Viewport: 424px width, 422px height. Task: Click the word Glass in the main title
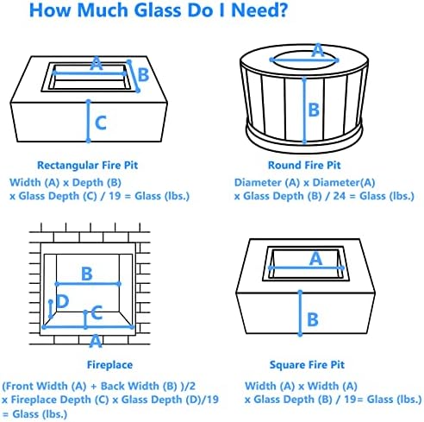click(x=159, y=10)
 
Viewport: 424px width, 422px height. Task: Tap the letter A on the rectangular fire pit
click(x=97, y=63)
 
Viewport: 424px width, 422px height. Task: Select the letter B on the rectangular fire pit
click(x=143, y=75)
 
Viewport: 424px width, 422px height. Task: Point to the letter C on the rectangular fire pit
click(x=101, y=123)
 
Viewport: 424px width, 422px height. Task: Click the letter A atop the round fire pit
click(x=318, y=51)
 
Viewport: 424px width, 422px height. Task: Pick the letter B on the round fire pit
click(x=314, y=110)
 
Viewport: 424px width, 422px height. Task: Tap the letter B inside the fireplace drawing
click(x=87, y=274)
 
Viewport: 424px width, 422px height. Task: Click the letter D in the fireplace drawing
click(x=63, y=301)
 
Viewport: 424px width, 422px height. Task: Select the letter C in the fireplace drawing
click(x=97, y=312)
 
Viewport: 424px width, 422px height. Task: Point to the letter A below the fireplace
click(x=96, y=342)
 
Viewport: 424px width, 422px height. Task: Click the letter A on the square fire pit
click(x=315, y=259)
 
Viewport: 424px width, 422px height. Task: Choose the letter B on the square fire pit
click(x=313, y=319)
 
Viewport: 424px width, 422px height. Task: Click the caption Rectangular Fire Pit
click(x=88, y=166)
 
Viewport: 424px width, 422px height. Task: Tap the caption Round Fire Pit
click(x=304, y=166)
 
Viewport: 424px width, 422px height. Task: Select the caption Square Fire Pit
click(x=307, y=365)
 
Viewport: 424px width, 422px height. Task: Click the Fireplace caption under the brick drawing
click(x=109, y=365)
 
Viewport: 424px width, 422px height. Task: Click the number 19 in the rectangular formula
click(x=115, y=196)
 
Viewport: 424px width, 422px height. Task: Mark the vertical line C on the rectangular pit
click(x=89, y=121)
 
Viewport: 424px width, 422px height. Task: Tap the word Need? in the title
click(x=259, y=10)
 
